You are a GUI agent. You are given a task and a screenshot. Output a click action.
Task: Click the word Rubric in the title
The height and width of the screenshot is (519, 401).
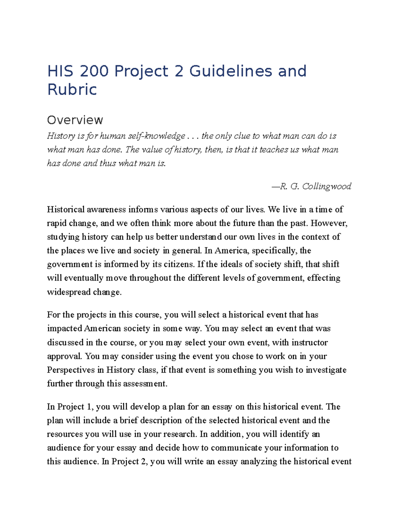[x=72, y=90]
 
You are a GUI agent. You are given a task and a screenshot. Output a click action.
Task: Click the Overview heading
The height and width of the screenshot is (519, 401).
[x=75, y=120]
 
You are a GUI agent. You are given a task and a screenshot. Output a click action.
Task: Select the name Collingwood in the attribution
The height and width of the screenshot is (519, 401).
[x=326, y=186]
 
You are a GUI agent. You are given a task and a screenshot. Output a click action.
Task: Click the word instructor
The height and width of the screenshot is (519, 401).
[x=309, y=343]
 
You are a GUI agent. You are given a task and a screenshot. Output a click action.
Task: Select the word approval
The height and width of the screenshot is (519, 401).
[x=64, y=356]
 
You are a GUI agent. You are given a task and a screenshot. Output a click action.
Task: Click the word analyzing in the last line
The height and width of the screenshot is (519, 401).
[x=259, y=462]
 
